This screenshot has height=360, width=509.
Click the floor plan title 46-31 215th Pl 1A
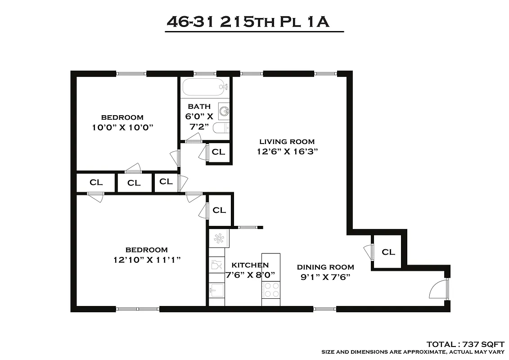pos(248,22)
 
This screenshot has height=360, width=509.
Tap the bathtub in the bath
pos(203,86)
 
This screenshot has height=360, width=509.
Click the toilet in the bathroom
pos(221,128)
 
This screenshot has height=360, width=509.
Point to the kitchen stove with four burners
pos(271,289)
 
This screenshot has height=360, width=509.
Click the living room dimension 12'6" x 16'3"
pos(288,152)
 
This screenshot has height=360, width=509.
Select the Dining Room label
pos(325,267)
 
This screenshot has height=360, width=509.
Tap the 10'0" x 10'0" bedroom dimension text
pos(122,127)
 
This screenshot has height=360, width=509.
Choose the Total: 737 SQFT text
pos(465,344)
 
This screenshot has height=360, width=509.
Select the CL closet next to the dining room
pos(388,252)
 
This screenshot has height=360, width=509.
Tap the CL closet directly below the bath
pos(219,152)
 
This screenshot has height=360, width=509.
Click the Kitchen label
pos(250,265)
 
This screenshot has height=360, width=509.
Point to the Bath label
pos(199,107)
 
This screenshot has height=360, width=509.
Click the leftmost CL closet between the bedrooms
pos(96,182)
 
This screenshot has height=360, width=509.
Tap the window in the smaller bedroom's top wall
pos(132,73)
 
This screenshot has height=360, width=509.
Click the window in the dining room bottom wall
pos(324,309)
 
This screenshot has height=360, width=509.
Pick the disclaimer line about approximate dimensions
pos(413,351)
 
